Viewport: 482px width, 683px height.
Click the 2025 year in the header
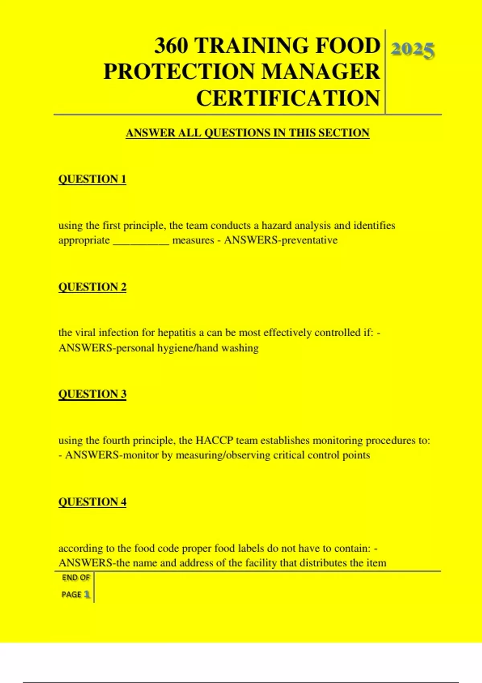click(x=413, y=50)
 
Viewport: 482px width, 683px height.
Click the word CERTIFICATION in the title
click(x=288, y=98)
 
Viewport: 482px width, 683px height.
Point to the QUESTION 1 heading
click(x=92, y=179)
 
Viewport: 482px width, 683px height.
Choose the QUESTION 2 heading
click(x=92, y=287)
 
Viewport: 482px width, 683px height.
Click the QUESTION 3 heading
click(x=92, y=394)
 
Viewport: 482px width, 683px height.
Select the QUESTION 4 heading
click(x=92, y=502)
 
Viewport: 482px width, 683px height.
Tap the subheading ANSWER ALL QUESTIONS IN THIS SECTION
click(x=247, y=133)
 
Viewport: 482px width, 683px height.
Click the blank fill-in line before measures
click(x=141, y=241)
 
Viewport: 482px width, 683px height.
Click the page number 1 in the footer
click(x=87, y=595)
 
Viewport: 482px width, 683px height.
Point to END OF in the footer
click(x=76, y=578)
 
